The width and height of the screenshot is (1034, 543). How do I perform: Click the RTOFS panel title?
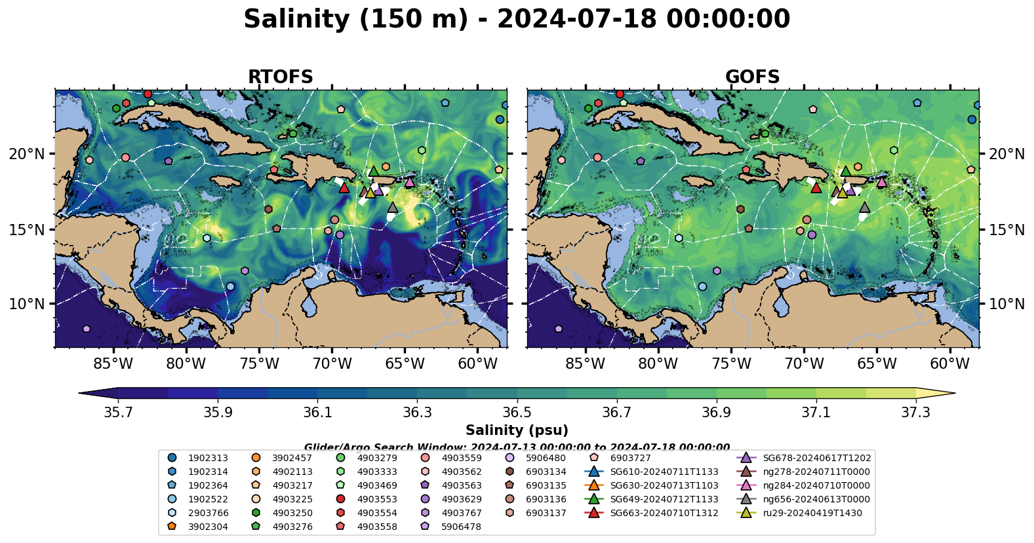tap(280, 77)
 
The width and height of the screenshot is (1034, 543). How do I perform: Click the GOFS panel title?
tap(752, 77)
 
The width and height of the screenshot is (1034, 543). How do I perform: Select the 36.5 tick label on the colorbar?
tap(517, 413)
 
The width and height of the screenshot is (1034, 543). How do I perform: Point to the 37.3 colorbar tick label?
tap(915, 413)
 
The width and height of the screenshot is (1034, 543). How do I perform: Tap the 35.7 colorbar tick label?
tap(118, 413)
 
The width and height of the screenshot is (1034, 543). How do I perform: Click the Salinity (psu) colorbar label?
tap(517, 430)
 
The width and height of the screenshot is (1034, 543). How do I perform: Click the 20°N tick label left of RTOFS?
tap(27, 154)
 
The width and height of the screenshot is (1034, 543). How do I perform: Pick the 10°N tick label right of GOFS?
tap(1006, 304)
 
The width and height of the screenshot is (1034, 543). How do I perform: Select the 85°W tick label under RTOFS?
tap(113, 364)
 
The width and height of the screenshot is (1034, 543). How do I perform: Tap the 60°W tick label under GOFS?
tap(949, 364)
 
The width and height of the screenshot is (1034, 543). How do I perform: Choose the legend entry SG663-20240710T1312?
tap(664, 513)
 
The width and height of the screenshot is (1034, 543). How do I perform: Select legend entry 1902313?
tap(208, 458)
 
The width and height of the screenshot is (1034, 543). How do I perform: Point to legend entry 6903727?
tap(630, 458)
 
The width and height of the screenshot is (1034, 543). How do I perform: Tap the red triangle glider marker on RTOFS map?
tap(344, 188)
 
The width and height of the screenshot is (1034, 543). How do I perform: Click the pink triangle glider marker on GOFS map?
tap(882, 182)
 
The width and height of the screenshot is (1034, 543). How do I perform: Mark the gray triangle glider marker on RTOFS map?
tap(393, 208)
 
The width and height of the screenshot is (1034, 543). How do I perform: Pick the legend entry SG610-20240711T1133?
tap(664, 472)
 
